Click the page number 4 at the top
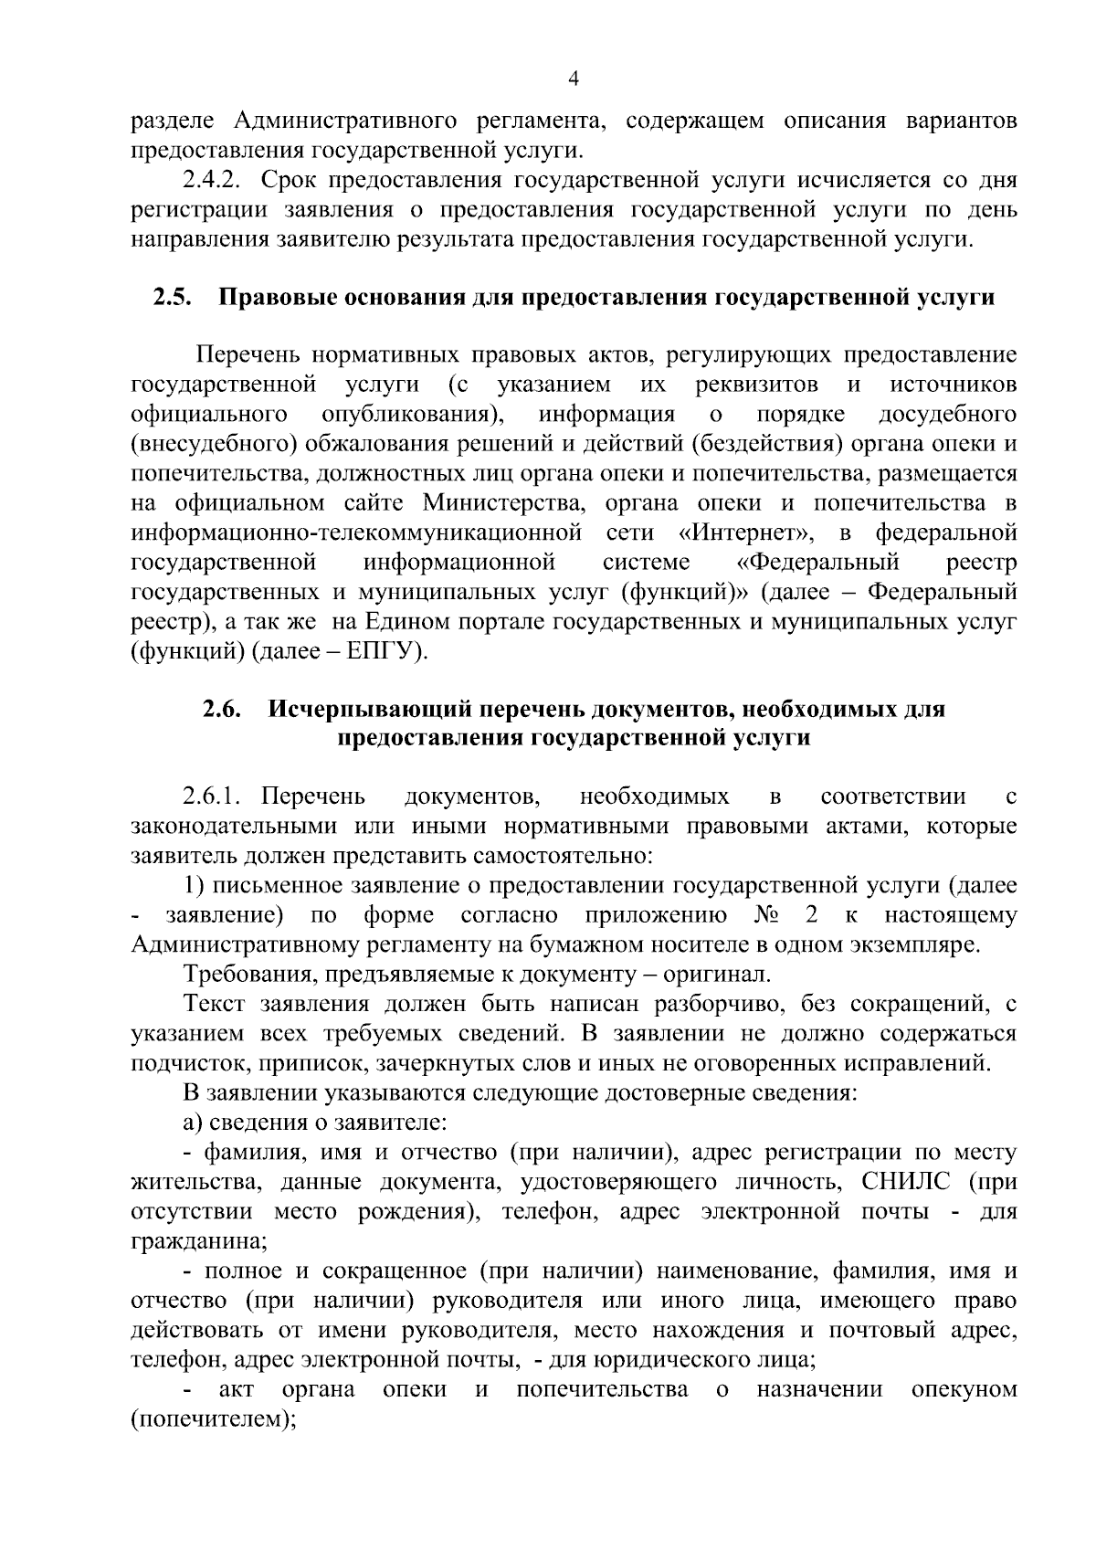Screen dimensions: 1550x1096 [574, 79]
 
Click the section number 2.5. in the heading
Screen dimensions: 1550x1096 [171, 298]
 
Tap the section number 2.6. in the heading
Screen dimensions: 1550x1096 [221, 709]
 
